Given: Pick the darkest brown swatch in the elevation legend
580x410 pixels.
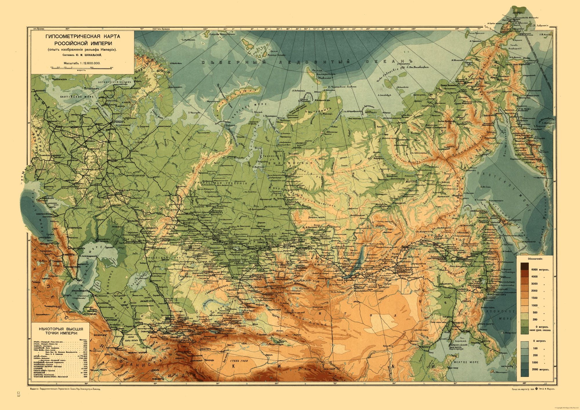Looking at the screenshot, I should [524, 266].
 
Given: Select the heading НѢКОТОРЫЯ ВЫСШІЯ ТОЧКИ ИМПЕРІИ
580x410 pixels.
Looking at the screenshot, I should [59, 331].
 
